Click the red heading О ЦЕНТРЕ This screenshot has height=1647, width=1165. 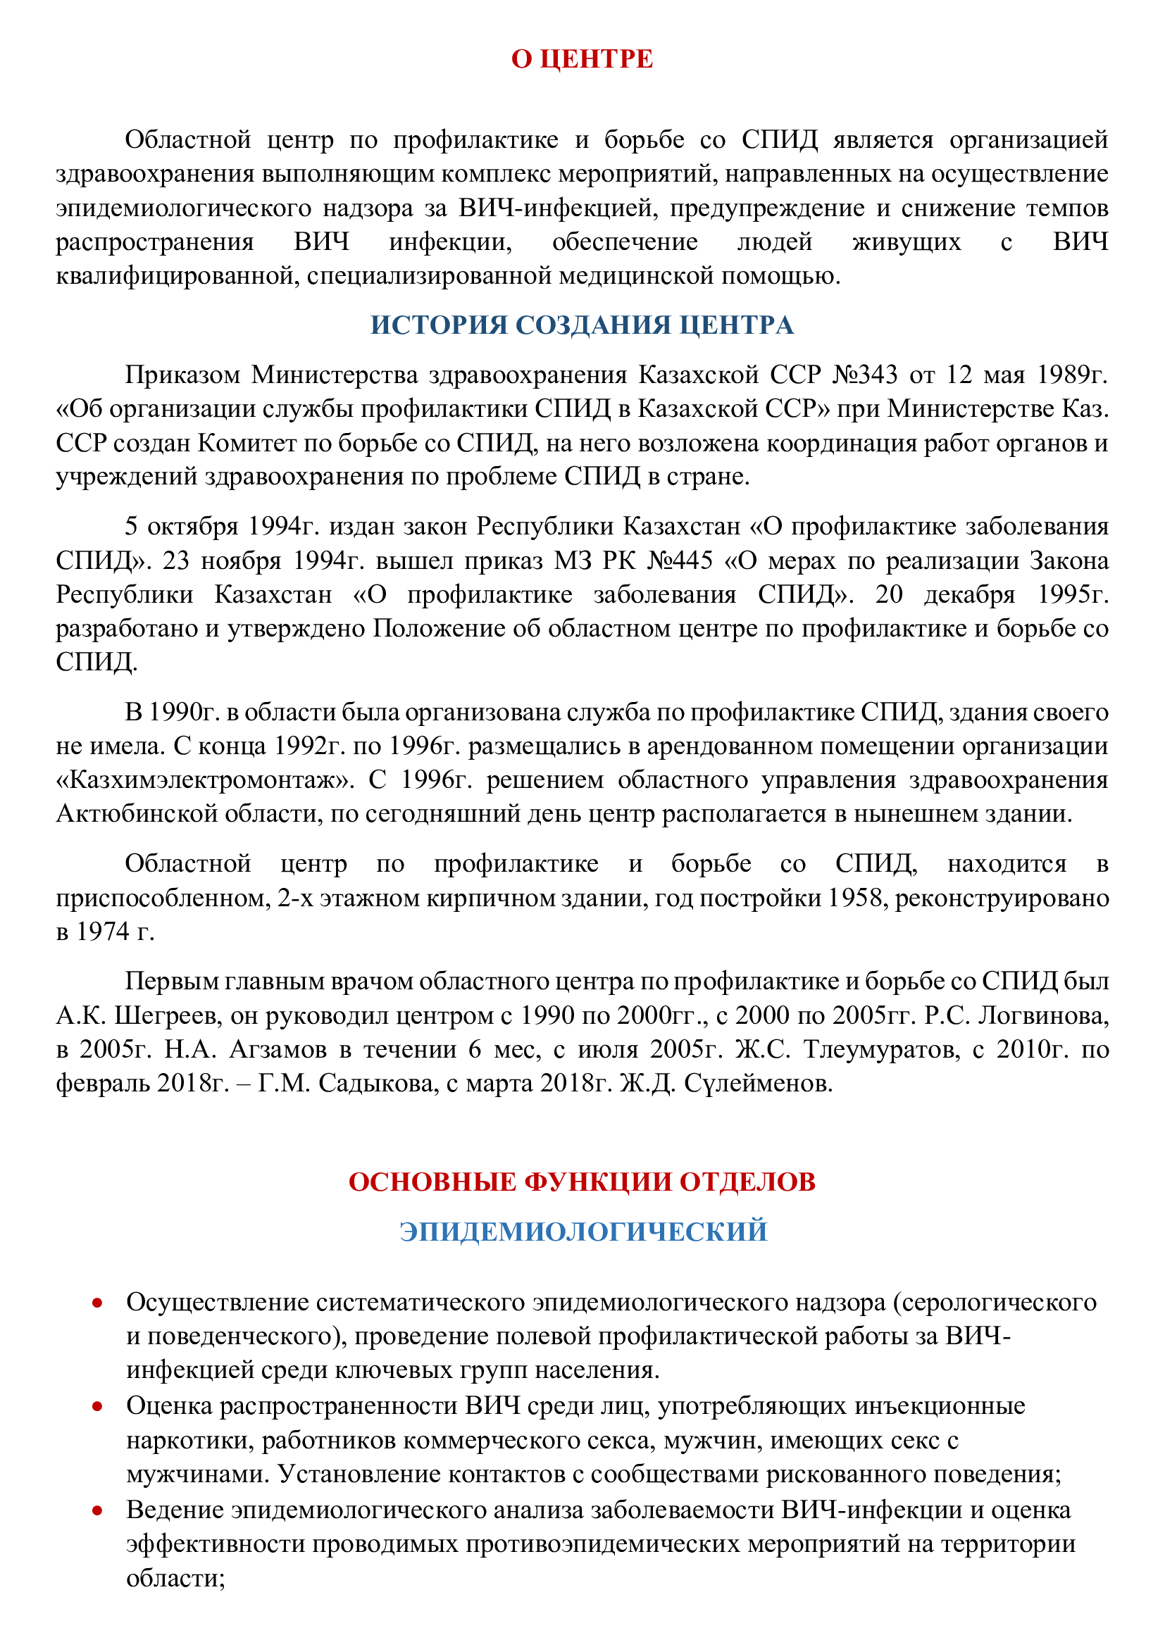[x=582, y=59]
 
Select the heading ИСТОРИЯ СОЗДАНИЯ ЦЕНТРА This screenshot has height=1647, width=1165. [x=582, y=325]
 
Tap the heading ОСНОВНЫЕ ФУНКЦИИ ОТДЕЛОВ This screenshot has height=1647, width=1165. [x=582, y=1182]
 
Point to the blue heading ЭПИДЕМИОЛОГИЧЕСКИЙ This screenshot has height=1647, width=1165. [x=583, y=1231]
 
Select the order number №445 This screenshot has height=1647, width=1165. [x=679, y=561]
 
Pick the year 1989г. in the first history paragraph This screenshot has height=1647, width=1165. [x=1070, y=375]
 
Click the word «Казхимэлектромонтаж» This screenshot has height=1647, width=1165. [x=205, y=779]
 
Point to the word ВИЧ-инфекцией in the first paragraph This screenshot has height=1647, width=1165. [x=556, y=208]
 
